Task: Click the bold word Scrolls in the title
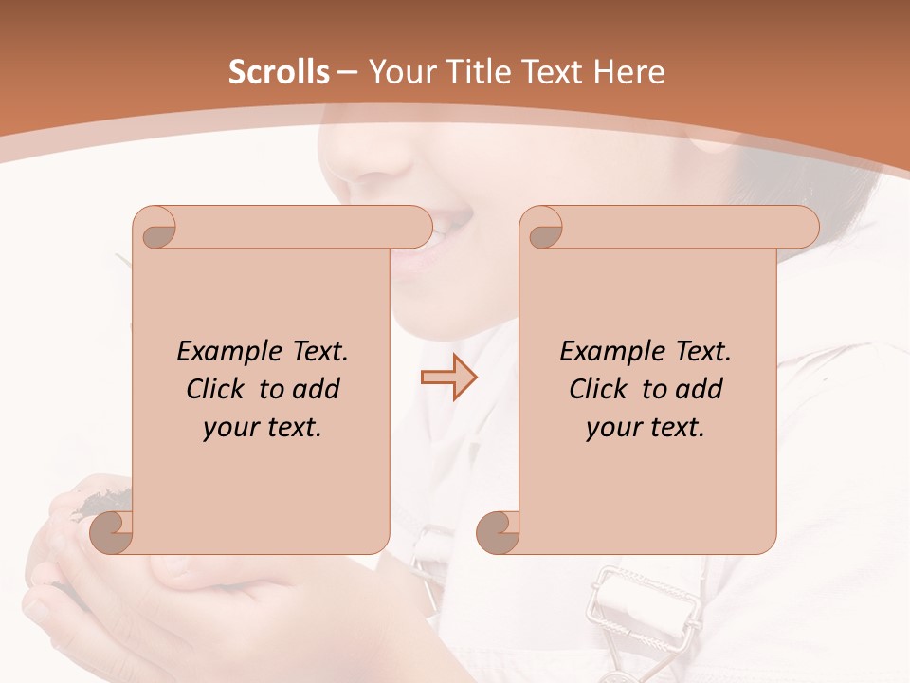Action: pyautogui.click(x=279, y=72)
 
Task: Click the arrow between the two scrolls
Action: pyautogui.click(x=448, y=378)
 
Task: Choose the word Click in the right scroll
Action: pyautogui.click(x=597, y=389)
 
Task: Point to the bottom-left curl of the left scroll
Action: pyautogui.click(x=112, y=533)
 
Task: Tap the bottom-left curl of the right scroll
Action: pyautogui.click(x=499, y=533)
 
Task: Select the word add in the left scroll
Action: pyautogui.click(x=316, y=389)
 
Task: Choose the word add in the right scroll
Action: pyautogui.click(x=699, y=389)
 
